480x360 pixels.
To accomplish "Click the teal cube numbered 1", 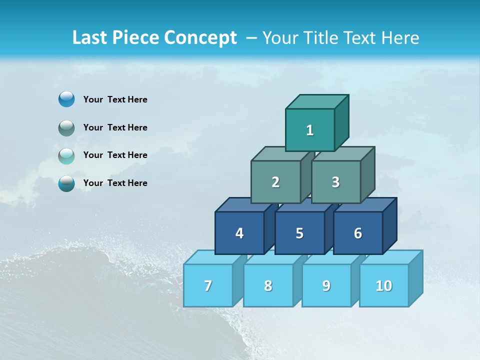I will coord(310,130).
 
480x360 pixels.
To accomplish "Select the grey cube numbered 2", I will coord(275,182).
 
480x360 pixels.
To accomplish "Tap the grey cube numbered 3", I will coord(335,182).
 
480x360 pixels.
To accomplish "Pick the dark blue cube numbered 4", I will coord(239,233).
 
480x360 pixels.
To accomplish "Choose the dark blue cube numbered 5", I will coord(299,233).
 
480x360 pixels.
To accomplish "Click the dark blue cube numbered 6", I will coord(358,233).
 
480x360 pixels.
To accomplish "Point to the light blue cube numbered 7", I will coord(208,285).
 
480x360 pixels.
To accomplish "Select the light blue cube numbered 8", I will coord(268,285).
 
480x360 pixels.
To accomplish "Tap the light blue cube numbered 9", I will coord(326,285).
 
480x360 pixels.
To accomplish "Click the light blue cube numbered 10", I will coord(384,285).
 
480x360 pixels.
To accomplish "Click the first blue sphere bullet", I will coord(66,99).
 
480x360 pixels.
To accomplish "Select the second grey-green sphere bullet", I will coord(66,127).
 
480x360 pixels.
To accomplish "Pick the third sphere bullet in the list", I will coord(66,155).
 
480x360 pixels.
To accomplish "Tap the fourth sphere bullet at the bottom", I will coord(66,183).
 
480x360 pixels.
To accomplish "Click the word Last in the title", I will coord(90,37).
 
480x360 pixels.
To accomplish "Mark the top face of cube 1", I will coord(317,102).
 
